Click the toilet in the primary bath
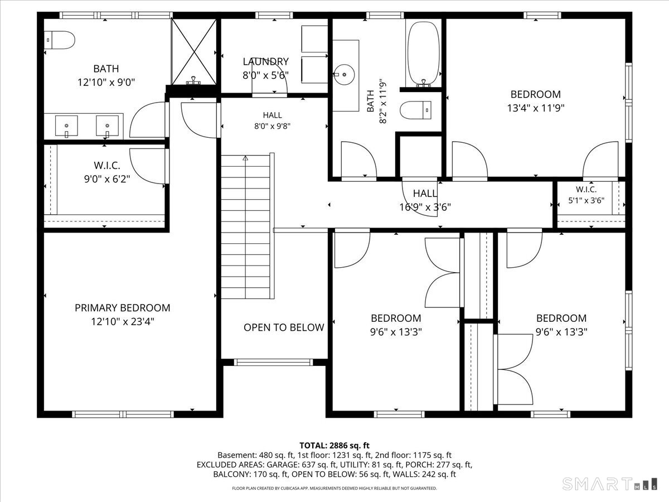(x=60, y=40)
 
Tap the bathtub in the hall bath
(x=424, y=54)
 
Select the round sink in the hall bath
(x=344, y=74)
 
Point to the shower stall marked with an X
(x=194, y=51)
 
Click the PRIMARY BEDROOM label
(x=123, y=308)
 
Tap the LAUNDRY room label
(x=265, y=61)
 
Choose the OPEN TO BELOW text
(x=284, y=327)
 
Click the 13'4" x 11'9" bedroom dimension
(x=536, y=108)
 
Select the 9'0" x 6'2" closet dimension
(x=107, y=179)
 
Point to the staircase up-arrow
(x=245, y=158)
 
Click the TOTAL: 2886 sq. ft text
(x=334, y=446)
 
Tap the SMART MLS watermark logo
(x=609, y=484)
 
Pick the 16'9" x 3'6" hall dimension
(x=425, y=207)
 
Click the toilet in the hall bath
(x=415, y=110)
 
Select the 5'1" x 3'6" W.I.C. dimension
(x=586, y=201)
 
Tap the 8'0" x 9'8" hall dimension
(x=272, y=126)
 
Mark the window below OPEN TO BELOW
(x=273, y=362)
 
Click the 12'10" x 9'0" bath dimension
(x=106, y=83)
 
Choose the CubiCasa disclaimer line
(x=334, y=488)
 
